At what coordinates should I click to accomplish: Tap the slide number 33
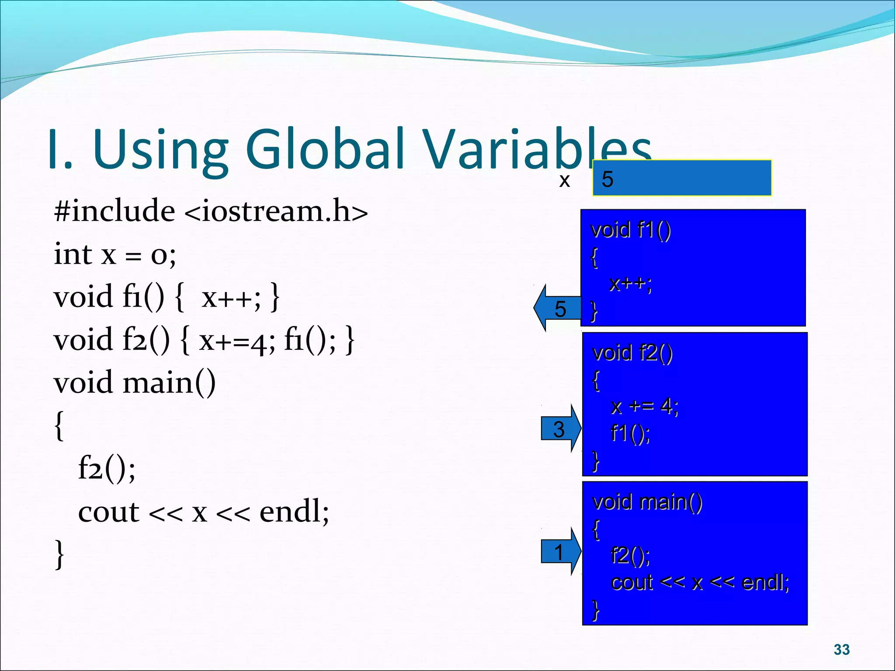841,650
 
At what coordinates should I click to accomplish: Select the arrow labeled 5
558,308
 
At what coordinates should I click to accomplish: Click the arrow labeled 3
560,429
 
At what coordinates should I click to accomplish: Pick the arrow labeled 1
560,552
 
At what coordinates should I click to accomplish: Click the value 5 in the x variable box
607,179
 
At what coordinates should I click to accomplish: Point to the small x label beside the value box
564,180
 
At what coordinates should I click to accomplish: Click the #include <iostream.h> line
211,211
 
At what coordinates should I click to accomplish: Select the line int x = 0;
114,254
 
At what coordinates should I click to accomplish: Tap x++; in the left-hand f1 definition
231,297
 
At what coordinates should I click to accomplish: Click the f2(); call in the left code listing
107,468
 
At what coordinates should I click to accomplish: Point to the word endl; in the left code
294,512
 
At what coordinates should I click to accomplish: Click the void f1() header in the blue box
630,230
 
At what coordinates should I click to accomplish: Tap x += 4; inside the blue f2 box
644,407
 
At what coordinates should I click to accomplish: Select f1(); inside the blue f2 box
630,434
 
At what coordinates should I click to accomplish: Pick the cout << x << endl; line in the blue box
700,583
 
